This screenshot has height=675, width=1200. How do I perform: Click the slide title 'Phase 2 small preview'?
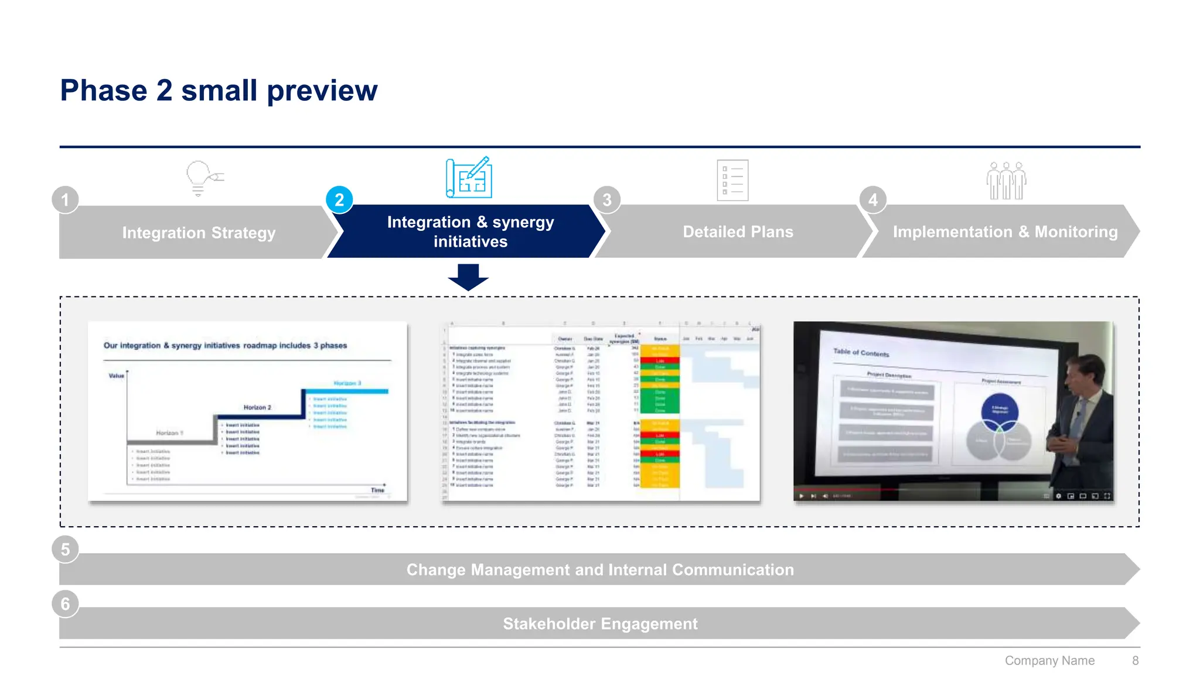pyautogui.click(x=219, y=91)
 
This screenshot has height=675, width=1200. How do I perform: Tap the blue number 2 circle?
pyautogui.click(x=339, y=200)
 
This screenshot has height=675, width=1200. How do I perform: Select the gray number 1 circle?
pyautogui.click(x=65, y=200)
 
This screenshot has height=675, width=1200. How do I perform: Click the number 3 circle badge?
pyautogui.click(x=607, y=200)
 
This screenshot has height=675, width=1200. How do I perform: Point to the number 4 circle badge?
pyautogui.click(x=872, y=200)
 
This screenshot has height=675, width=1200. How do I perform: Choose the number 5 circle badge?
pyautogui.click(x=65, y=550)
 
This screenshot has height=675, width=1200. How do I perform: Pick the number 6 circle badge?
pyautogui.click(x=65, y=604)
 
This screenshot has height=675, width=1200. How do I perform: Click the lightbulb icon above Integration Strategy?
pyautogui.click(x=202, y=178)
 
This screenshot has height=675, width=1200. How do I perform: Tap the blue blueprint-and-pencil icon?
pyautogui.click(x=469, y=178)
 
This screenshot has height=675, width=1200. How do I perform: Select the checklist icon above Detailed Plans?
pyautogui.click(x=732, y=180)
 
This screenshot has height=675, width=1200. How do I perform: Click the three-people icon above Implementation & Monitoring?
pyautogui.click(x=1006, y=180)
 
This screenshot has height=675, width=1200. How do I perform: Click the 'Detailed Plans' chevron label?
pyautogui.click(x=738, y=232)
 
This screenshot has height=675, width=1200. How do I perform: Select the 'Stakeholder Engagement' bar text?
pyautogui.click(x=600, y=623)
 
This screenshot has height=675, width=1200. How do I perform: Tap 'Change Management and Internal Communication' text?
pyautogui.click(x=600, y=570)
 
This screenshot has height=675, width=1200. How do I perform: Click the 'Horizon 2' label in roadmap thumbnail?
pyautogui.click(x=257, y=407)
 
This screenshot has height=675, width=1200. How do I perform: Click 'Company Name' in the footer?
pyautogui.click(x=1049, y=660)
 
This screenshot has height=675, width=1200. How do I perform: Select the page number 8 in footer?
pyautogui.click(x=1135, y=660)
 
